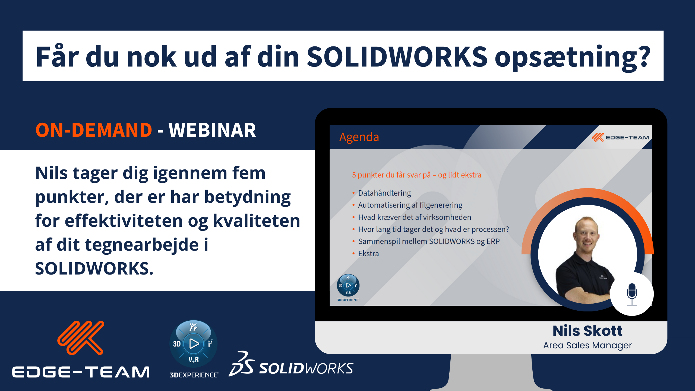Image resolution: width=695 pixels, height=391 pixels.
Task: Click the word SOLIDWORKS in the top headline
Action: point(397,56)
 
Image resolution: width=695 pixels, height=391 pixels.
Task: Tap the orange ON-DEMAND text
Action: point(94,130)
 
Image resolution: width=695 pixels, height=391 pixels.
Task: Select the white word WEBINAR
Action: point(212,130)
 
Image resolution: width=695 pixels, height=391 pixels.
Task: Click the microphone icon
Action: point(632,294)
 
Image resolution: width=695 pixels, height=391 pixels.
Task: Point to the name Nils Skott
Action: point(587,331)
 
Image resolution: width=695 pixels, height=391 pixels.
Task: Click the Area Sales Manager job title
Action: point(587,345)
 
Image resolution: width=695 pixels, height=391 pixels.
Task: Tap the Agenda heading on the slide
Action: point(359,137)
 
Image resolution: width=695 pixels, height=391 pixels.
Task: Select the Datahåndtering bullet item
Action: point(384,193)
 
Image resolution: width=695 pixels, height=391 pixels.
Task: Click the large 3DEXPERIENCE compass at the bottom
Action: point(194,343)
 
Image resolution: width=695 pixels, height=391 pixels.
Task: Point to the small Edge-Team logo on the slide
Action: point(620,137)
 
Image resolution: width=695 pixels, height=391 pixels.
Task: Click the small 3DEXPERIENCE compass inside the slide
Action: point(348,285)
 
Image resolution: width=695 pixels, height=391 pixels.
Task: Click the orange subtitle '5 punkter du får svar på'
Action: point(391,175)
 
